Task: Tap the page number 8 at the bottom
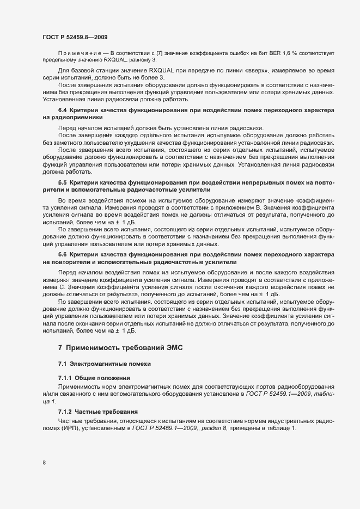pyautogui.click(x=44, y=463)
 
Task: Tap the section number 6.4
pyautogui.click(x=63, y=111)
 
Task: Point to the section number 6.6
pyautogui.click(x=63, y=254)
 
